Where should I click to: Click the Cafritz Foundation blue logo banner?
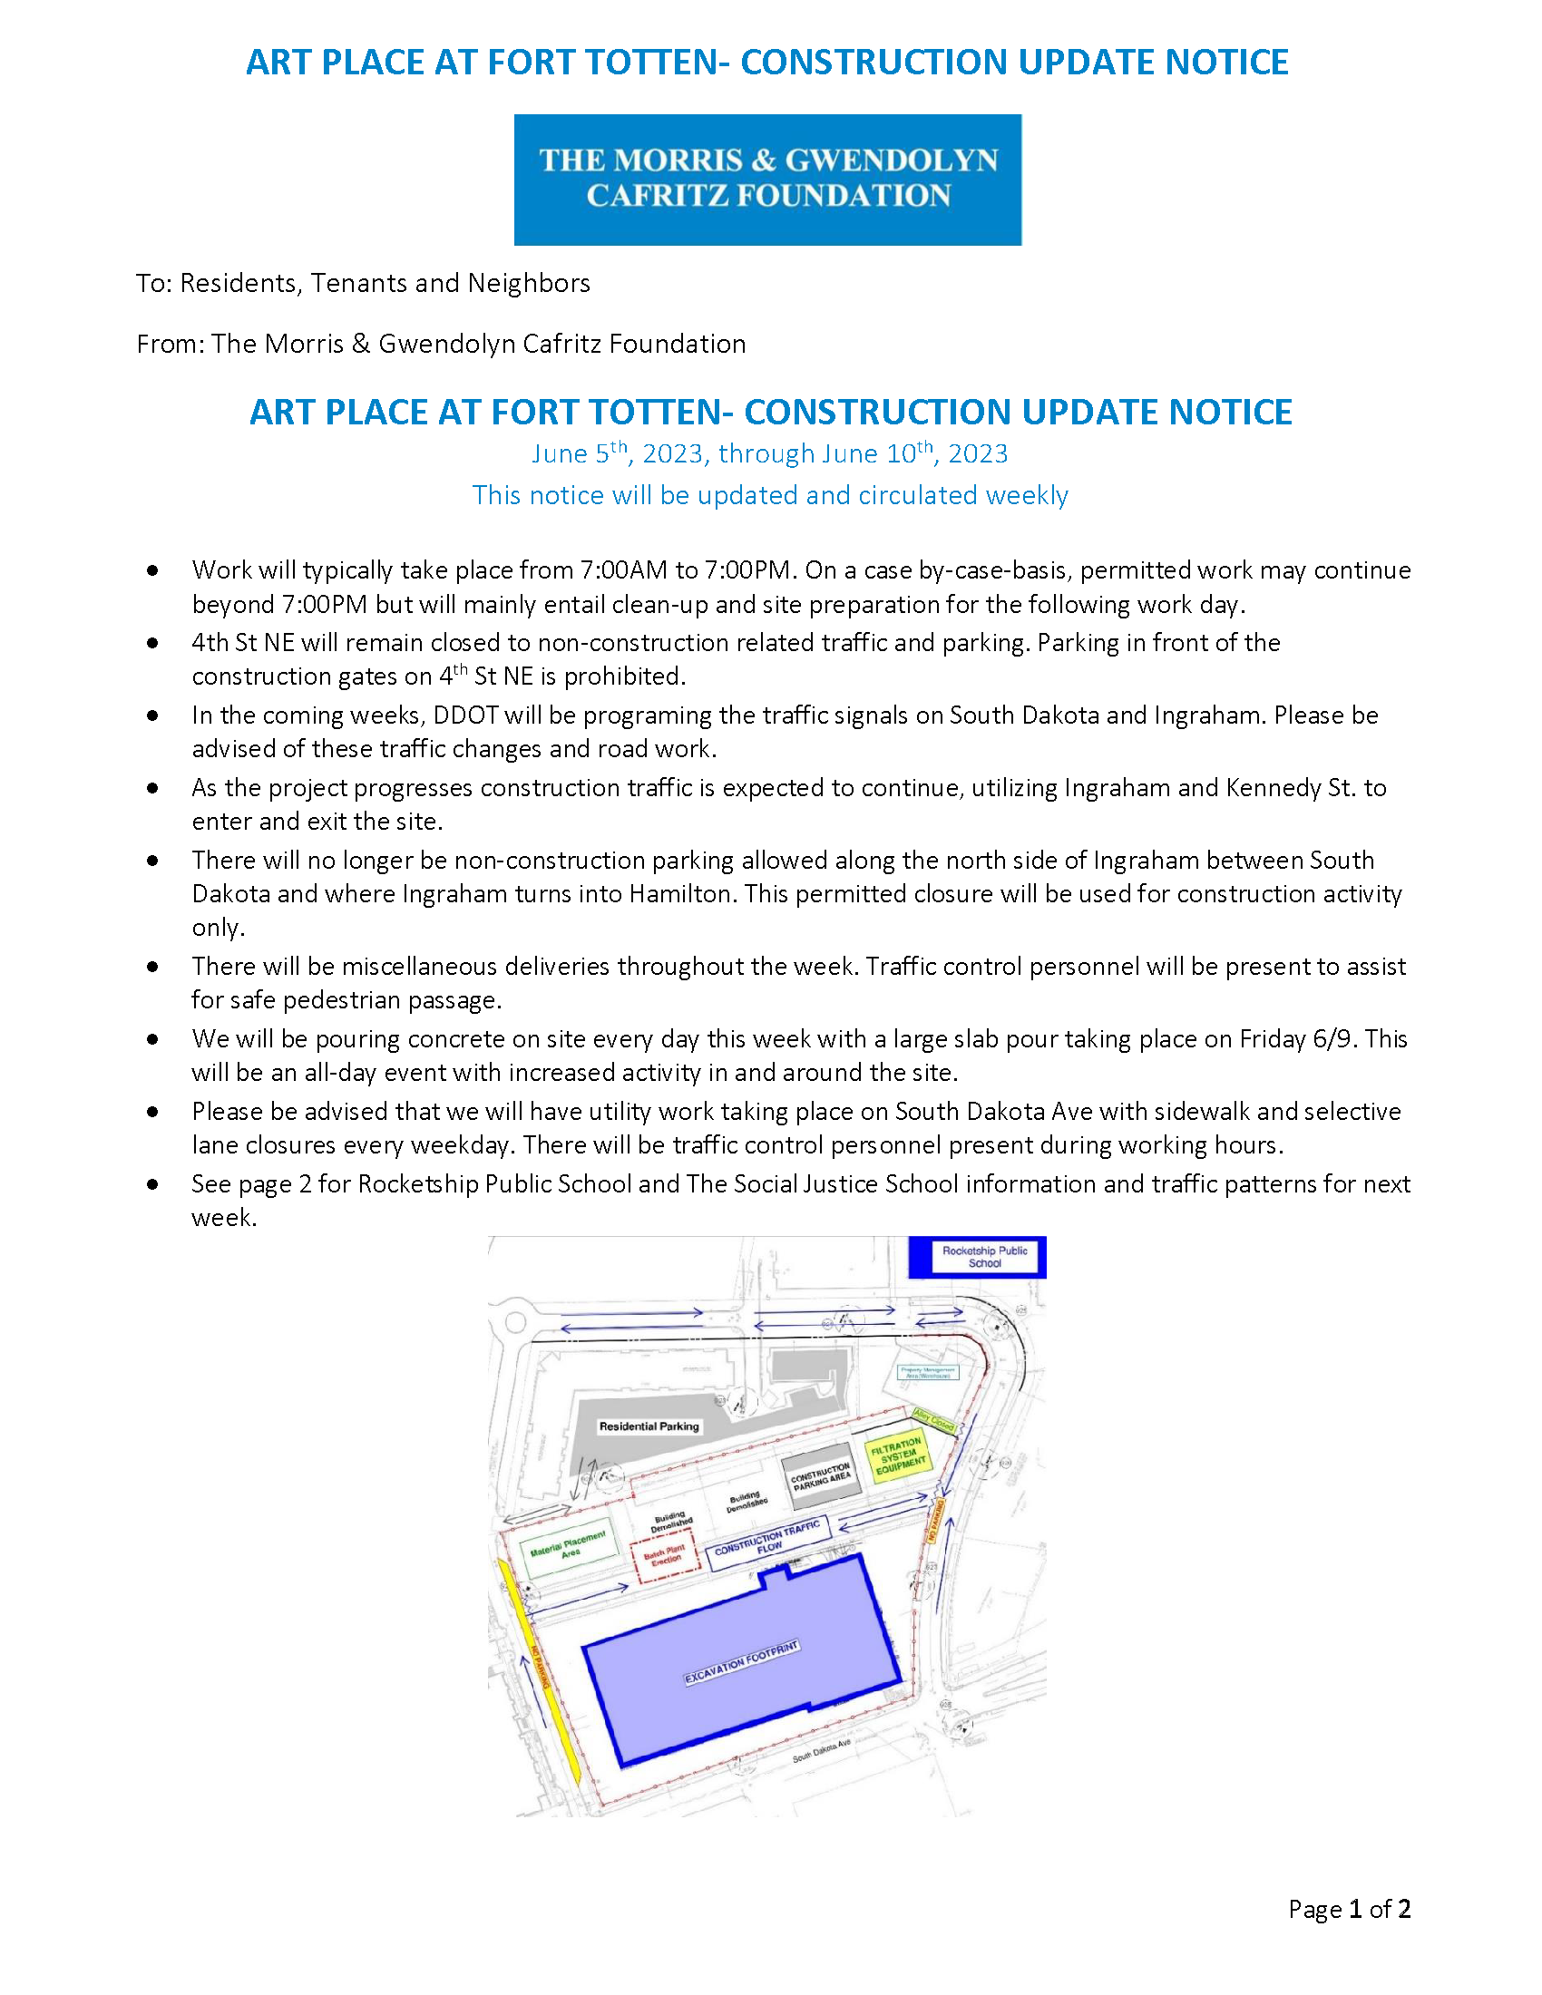click(x=767, y=179)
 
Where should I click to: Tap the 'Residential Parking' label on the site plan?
click(x=649, y=1426)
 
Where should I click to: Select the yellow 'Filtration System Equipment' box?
click(x=899, y=1455)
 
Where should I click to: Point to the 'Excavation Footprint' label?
click(x=742, y=1663)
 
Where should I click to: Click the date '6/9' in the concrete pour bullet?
click(x=1333, y=1039)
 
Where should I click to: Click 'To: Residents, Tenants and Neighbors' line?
click(x=363, y=283)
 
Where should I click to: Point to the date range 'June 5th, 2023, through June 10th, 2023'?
click(x=769, y=454)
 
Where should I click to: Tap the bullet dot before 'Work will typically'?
click(x=152, y=571)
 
